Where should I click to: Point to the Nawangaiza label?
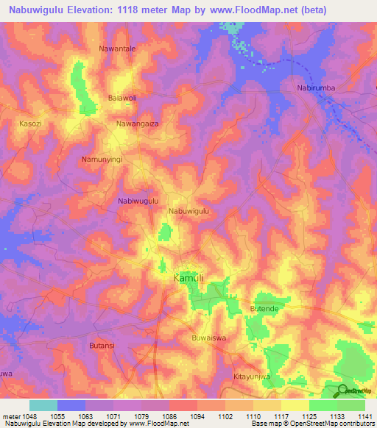coord(138,124)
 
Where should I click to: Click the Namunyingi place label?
coord(101,159)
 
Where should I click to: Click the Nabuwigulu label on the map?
coord(189,211)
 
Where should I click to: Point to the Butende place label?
coord(265,309)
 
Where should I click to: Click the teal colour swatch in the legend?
coord(43,405)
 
